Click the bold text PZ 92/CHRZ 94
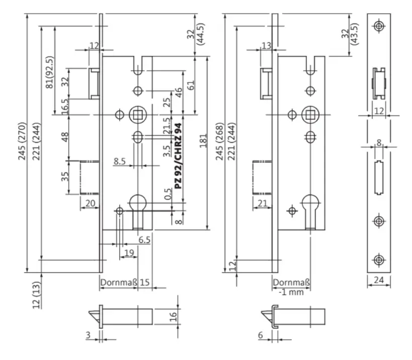tap(178, 156)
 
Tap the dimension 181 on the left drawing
tap(203, 141)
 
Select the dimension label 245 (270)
tap(22, 141)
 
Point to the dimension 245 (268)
tap(220, 141)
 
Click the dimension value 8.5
tap(120, 161)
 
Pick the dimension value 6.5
tap(144, 240)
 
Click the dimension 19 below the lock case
tap(129, 253)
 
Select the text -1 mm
tap(291, 292)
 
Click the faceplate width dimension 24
tap(379, 280)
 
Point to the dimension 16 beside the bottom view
tap(173, 317)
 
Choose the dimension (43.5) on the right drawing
tap(354, 34)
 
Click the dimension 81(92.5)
tap(50, 72)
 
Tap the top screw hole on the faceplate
tap(379, 26)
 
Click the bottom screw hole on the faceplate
tap(379, 260)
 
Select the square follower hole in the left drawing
tap(138, 115)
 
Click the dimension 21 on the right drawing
tap(262, 203)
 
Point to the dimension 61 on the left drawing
tap(191, 85)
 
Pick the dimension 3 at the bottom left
tap(88, 335)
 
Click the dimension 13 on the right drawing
tap(266, 46)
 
